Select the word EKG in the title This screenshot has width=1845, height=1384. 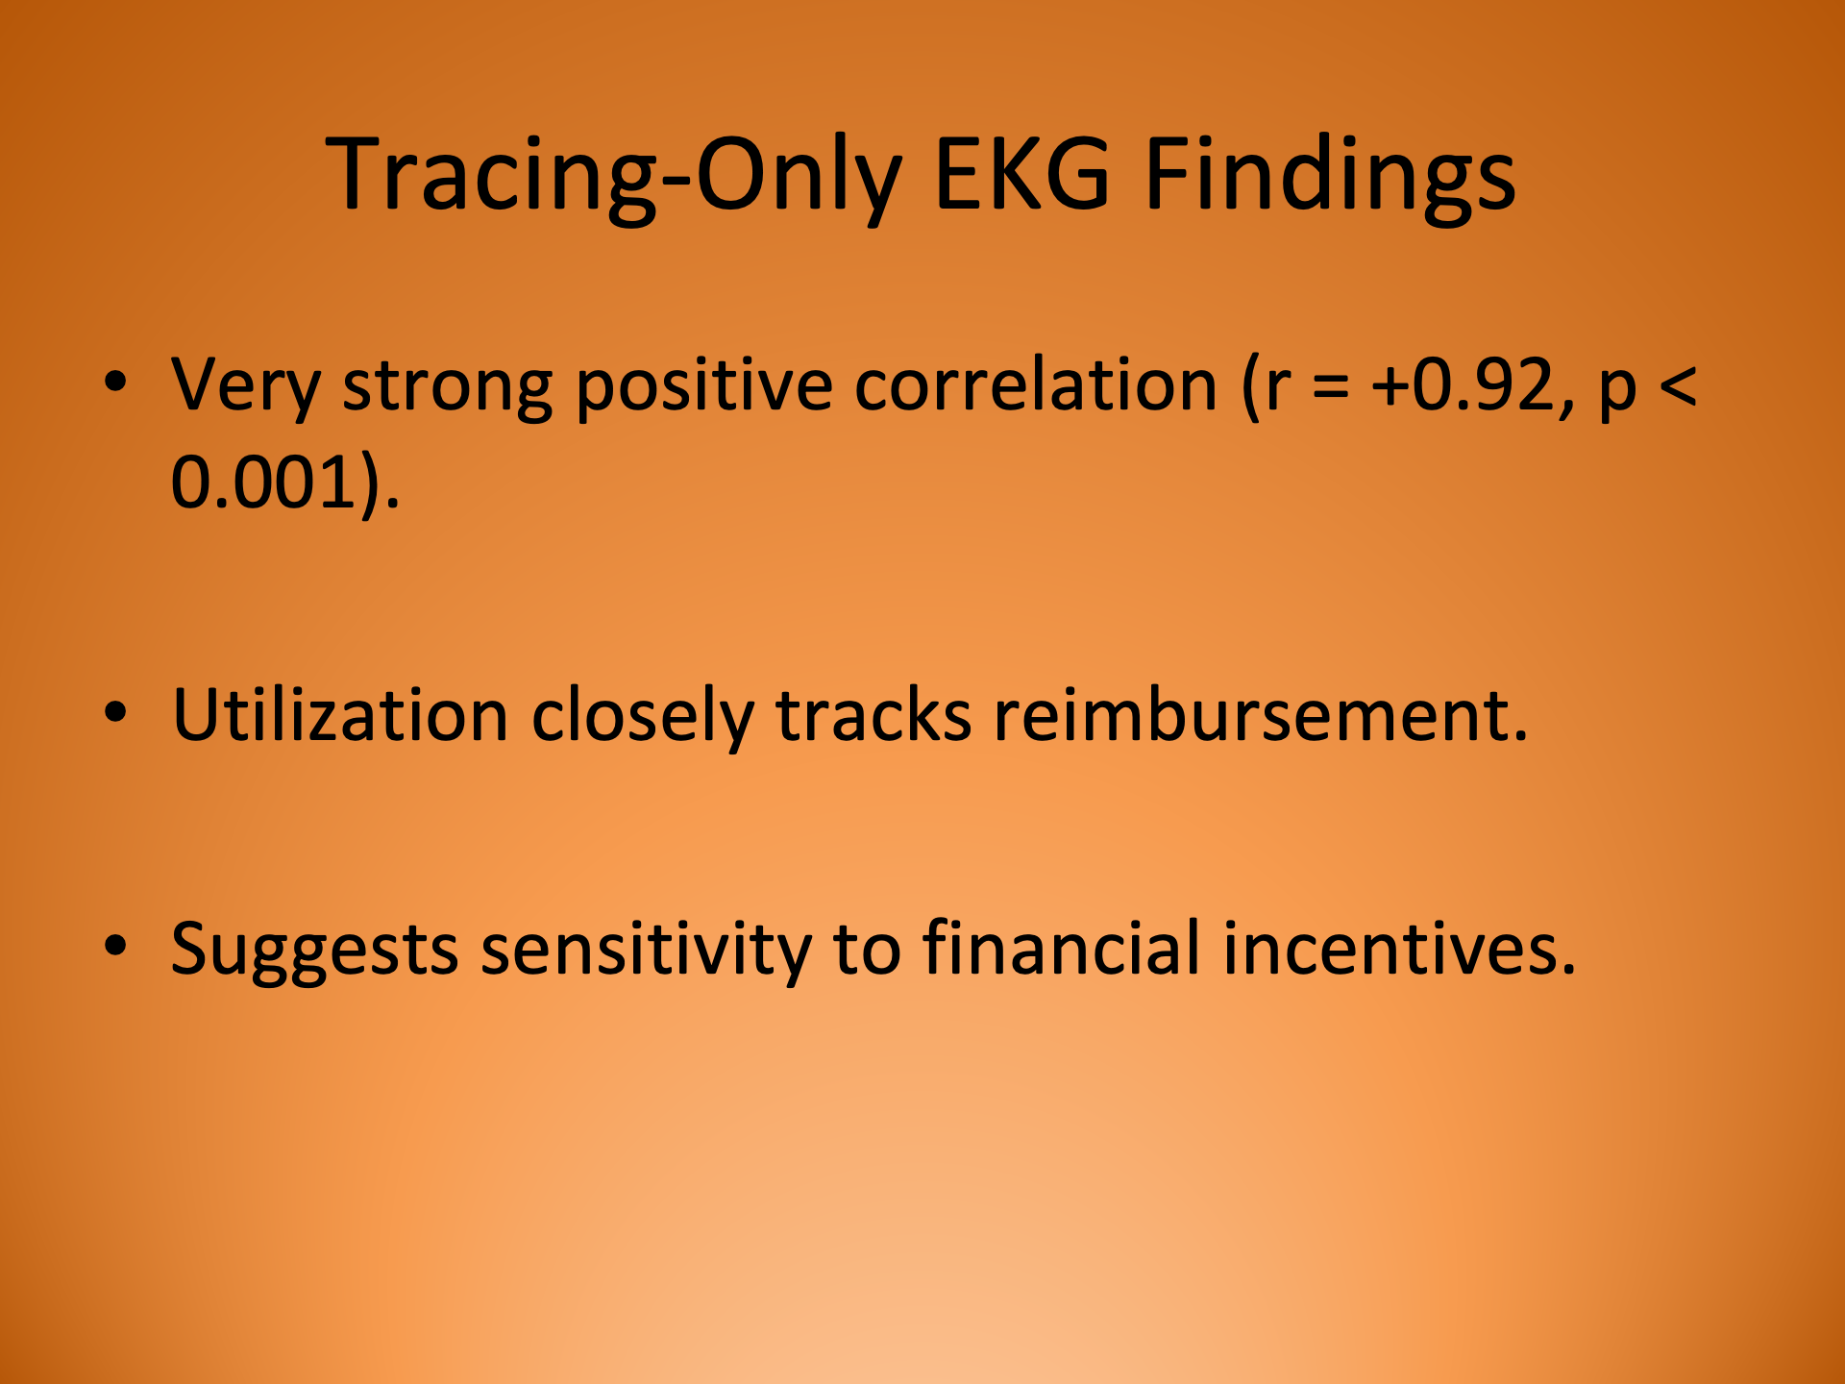pos(1022,175)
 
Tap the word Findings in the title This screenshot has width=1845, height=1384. pos(1330,175)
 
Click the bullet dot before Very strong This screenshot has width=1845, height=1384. pos(116,383)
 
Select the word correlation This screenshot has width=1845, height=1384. pos(1036,384)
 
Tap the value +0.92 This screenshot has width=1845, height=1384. pos(1471,384)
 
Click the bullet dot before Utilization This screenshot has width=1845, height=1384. pos(116,713)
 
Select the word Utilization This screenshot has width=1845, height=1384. pos(340,716)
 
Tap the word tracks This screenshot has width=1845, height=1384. pos(873,716)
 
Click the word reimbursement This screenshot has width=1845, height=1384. pos(1259,716)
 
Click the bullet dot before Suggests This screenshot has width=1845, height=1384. pos(116,946)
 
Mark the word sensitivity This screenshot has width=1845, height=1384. pos(646,950)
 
